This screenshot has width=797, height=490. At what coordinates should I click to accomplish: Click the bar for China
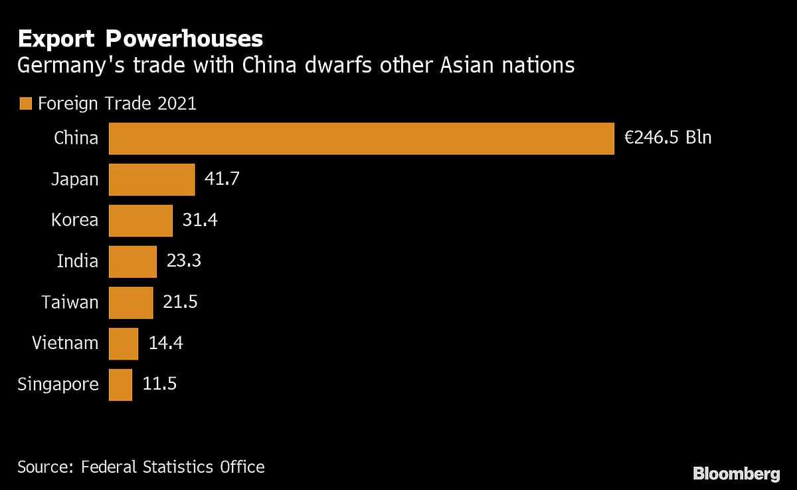pos(361,138)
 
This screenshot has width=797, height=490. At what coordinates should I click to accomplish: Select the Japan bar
pos(151,180)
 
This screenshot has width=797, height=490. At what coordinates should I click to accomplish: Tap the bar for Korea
pos(140,220)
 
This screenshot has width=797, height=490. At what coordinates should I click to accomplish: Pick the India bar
pos(132,261)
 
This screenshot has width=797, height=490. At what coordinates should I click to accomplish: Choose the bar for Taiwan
pos(131,303)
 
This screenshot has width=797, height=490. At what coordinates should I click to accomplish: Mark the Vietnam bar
pos(124,344)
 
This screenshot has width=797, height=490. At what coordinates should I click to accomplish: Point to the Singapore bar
pos(120,384)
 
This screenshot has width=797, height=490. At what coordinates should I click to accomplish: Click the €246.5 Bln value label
pos(667,138)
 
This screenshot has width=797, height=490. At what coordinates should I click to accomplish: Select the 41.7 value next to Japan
pos(221,180)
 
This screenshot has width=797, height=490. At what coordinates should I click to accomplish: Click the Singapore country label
pos(58,385)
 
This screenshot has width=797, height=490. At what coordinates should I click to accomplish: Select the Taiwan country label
pos(70,303)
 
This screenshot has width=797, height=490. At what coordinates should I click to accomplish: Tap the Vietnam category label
pos(65,344)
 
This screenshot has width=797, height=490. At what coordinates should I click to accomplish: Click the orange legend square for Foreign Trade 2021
pos(26,104)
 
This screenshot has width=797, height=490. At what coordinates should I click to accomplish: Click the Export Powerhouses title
pos(140,39)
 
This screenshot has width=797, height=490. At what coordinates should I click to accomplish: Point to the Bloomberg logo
pos(736,474)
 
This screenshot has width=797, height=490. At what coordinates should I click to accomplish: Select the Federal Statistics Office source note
pos(141,467)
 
